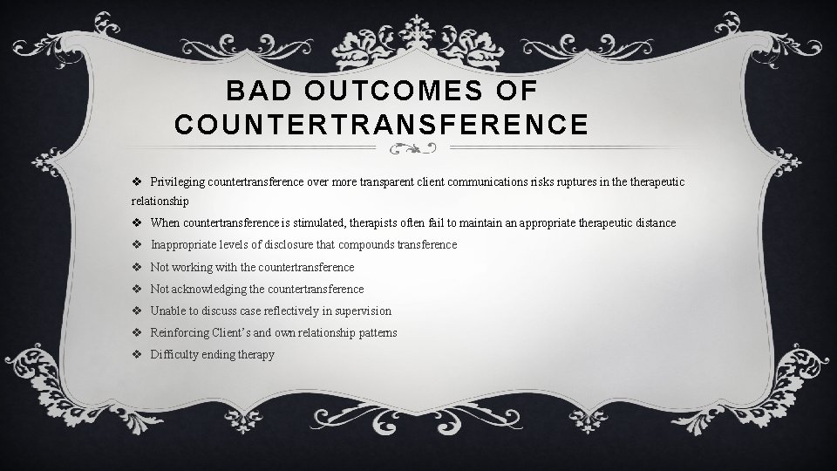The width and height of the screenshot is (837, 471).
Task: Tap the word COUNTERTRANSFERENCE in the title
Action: (x=381, y=125)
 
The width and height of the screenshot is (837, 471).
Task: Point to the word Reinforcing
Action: (x=179, y=332)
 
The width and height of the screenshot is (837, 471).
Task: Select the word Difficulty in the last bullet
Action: (x=174, y=354)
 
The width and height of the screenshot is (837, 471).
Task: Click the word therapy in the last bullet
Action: (x=255, y=354)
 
